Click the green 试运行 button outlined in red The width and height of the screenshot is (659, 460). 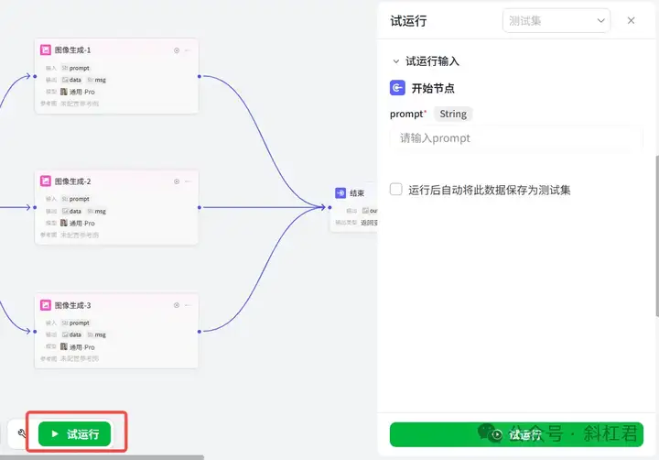[74, 433]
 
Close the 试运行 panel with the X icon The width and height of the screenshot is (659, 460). [631, 20]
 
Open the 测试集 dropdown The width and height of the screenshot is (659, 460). [556, 20]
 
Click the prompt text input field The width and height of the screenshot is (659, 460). [516, 138]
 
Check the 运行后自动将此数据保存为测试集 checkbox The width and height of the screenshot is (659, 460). [396, 190]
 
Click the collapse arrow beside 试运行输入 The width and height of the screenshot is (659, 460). [395, 61]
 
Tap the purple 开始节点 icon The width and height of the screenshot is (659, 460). [397, 88]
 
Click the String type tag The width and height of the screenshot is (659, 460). [453, 114]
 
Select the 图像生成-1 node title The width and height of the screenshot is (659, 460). [72, 49]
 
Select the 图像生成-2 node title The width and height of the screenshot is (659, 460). [72, 181]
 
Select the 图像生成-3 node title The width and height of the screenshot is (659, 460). [72, 305]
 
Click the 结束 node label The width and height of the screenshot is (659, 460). [357, 193]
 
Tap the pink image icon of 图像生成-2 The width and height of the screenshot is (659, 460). [45, 181]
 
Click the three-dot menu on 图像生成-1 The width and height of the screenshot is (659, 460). [188, 50]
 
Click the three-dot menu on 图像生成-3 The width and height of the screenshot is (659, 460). [188, 305]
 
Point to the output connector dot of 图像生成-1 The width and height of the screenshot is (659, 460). [199, 77]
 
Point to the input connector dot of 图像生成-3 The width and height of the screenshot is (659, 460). [35, 331]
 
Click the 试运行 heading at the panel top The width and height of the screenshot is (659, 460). [408, 20]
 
